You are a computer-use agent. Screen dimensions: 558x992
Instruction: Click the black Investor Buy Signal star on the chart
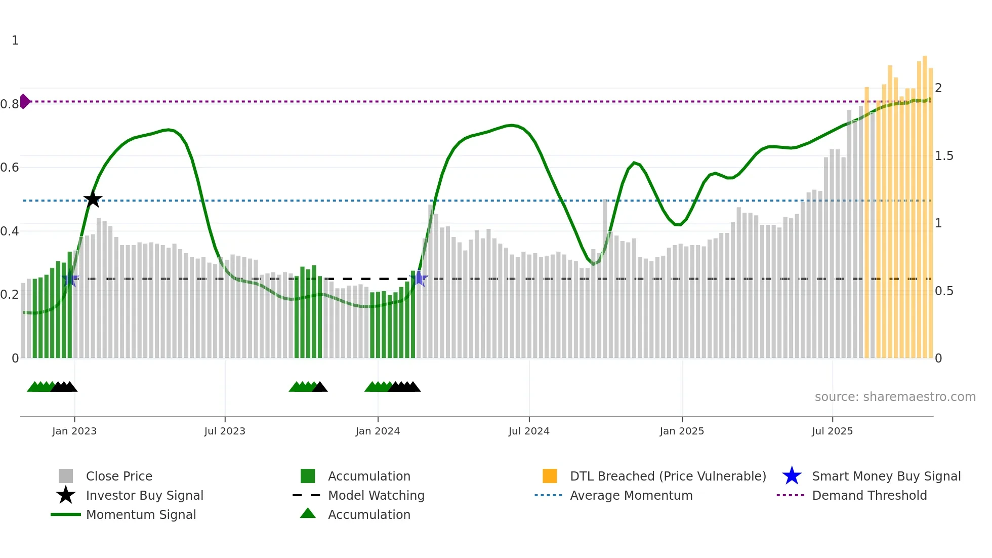pyautogui.click(x=93, y=199)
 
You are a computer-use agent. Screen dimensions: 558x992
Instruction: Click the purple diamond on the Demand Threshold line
pyautogui.click(x=24, y=101)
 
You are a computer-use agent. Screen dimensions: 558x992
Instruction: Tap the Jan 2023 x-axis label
pyautogui.click(x=74, y=431)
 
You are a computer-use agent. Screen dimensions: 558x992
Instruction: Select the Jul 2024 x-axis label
pyautogui.click(x=529, y=431)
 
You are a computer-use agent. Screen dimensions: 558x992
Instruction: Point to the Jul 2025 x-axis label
pyautogui.click(x=832, y=431)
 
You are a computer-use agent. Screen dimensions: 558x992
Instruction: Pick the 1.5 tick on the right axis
pyautogui.click(x=944, y=156)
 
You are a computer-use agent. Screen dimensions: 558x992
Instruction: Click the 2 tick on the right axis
pyautogui.click(x=938, y=88)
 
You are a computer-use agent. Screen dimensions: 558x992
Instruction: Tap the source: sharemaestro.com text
pyautogui.click(x=895, y=396)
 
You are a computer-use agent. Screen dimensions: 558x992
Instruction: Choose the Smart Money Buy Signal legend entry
pyautogui.click(x=886, y=476)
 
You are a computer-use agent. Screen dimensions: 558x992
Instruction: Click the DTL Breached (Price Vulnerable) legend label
pyautogui.click(x=668, y=476)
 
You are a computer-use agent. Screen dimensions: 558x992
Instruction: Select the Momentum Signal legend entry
pyautogui.click(x=141, y=514)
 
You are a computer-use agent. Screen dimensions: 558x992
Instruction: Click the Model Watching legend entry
pyautogui.click(x=376, y=495)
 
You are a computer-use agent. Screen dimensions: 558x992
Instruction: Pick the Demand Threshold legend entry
pyautogui.click(x=869, y=495)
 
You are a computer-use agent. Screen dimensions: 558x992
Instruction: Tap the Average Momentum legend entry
pyautogui.click(x=631, y=495)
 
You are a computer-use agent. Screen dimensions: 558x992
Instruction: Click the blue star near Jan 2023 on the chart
pyautogui.click(x=70, y=278)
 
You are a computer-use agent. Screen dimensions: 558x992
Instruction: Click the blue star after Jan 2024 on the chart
pyautogui.click(x=419, y=278)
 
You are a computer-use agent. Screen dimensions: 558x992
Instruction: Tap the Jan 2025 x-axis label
pyautogui.click(x=682, y=431)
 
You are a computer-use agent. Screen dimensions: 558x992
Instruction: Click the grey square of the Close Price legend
pyautogui.click(x=66, y=476)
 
